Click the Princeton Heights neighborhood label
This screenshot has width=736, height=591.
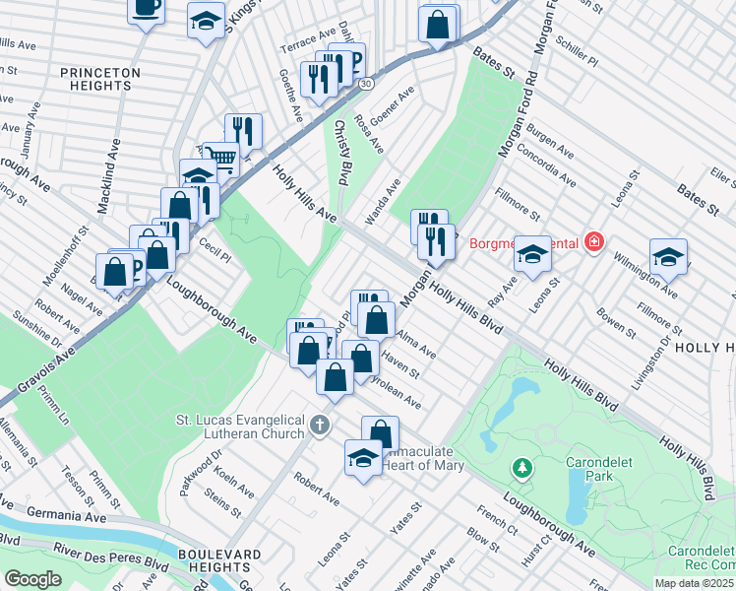[x=99, y=79]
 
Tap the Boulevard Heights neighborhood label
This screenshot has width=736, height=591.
[x=210, y=560]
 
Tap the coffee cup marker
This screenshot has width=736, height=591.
[x=147, y=9]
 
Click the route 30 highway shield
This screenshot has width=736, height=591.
[x=365, y=84]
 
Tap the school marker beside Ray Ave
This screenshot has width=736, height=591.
[x=532, y=255]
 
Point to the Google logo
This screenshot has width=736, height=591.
[x=32, y=579]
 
